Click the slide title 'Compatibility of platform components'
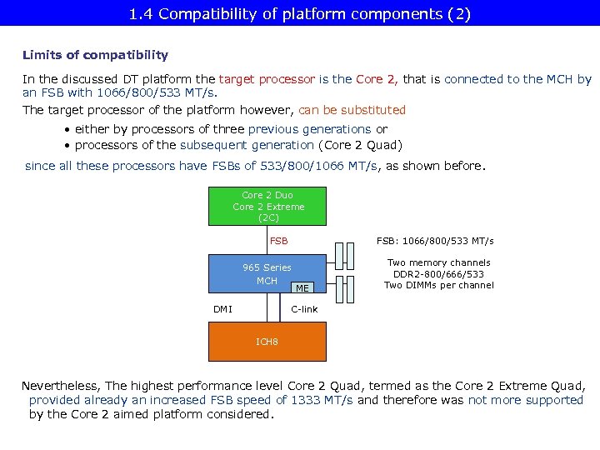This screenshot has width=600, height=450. pyautogui.click(x=300, y=13)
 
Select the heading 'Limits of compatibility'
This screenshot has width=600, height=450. pyautogui.click(x=95, y=55)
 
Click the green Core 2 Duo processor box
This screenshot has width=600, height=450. pyautogui.click(x=267, y=206)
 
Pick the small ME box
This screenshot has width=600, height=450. pyautogui.click(x=302, y=287)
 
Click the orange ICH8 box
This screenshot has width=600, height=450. pyautogui.click(x=267, y=342)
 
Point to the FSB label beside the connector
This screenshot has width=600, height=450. pyautogui.click(x=278, y=241)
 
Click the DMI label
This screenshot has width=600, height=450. pyautogui.click(x=222, y=309)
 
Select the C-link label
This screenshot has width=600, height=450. pyautogui.click(x=304, y=309)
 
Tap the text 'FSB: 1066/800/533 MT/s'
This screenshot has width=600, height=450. pyautogui.click(x=434, y=241)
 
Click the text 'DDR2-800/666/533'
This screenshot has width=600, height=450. pyautogui.click(x=438, y=274)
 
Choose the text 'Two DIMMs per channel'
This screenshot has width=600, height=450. pyautogui.click(x=438, y=285)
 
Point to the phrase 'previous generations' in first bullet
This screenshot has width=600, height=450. pyautogui.click(x=309, y=129)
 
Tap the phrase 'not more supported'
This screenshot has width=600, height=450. pyautogui.click(x=525, y=400)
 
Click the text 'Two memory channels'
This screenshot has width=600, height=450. pyautogui.click(x=438, y=262)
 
